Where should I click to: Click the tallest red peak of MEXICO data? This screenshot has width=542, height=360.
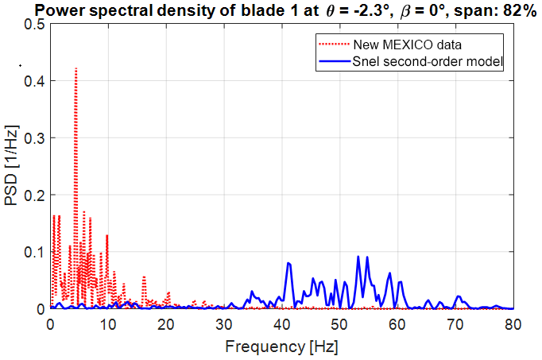tap(75, 69)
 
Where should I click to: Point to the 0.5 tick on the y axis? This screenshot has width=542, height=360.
tap(37, 24)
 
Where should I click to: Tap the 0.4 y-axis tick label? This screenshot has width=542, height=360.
tap(37, 81)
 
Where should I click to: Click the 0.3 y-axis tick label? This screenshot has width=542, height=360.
tap(37, 138)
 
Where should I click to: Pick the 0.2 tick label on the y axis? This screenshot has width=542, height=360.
tap(37, 195)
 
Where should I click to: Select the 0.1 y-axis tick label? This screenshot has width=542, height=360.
tap(37, 252)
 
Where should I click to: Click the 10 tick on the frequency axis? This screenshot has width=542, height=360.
tap(108, 323)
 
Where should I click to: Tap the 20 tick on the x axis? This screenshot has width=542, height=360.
tap(166, 323)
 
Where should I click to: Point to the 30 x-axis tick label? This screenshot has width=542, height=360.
tap(224, 323)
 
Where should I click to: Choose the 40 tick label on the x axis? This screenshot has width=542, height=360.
tap(282, 323)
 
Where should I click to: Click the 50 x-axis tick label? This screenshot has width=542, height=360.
tap(339, 323)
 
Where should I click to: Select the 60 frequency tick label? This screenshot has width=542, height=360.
tap(397, 323)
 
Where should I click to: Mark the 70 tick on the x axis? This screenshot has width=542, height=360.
tap(455, 323)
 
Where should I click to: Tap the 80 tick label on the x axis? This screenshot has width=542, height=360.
tap(513, 323)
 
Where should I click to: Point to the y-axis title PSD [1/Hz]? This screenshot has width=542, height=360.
tap(13, 167)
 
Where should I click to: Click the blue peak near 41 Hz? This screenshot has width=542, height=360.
tap(288, 263)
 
